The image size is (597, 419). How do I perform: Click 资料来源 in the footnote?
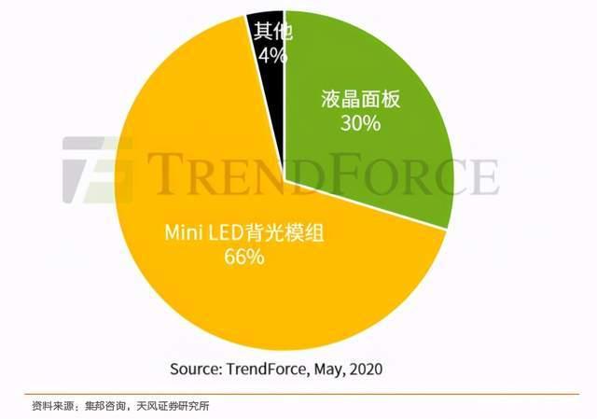(49, 407)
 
